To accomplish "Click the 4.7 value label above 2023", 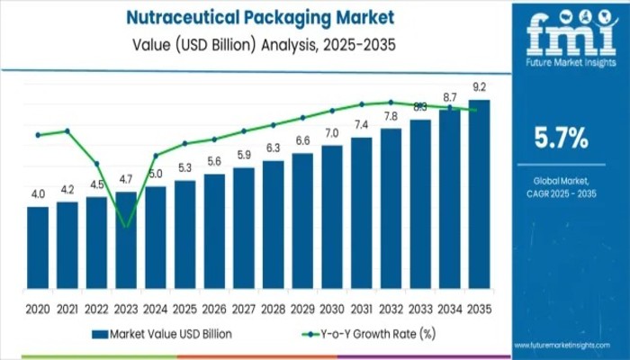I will click(x=126, y=178).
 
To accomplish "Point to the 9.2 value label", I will click(x=480, y=87).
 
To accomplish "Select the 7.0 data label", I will click(x=332, y=133).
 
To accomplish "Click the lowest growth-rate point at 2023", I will click(x=126, y=225).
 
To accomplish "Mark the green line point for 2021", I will click(x=67, y=131).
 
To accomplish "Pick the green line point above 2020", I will click(x=38, y=135).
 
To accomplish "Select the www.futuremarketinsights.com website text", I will click(x=571, y=345).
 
